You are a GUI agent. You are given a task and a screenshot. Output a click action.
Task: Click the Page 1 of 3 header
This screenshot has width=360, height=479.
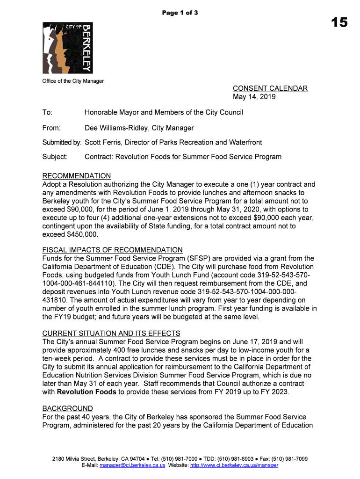point(180,13)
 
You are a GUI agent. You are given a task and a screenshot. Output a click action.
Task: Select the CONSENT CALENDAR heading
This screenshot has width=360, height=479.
point(270,88)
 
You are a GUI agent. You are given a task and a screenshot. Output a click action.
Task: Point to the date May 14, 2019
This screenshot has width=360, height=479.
point(254,97)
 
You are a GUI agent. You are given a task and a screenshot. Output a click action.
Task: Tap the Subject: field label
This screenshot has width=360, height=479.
point(55,157)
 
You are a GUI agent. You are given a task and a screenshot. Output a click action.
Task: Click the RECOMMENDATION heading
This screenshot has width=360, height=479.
point(77,176)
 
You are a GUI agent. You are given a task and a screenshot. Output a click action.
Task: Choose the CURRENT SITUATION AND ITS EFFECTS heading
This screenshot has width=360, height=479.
point(111,333)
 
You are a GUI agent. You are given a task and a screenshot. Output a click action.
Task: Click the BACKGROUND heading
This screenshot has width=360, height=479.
point(67,408)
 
